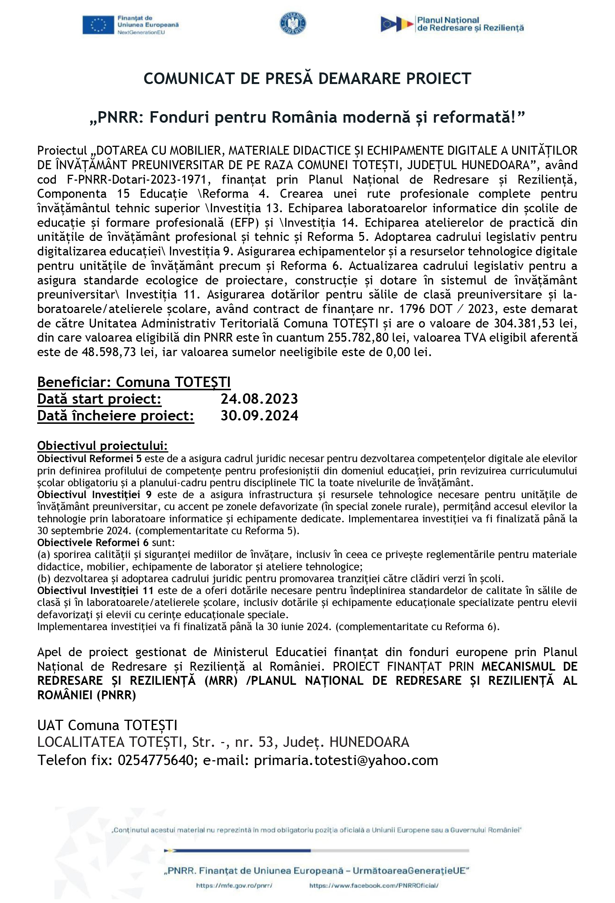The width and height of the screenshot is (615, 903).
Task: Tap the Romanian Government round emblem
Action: pyautogui.click(x=293, y=23)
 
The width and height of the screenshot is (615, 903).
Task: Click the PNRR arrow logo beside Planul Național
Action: pyautogui.click(x=396, y=24)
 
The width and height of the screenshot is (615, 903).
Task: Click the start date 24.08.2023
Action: pyautogui.click(x=259, y=399)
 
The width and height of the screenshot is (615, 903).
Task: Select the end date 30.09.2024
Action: pyautogui.click(x=259, y=415)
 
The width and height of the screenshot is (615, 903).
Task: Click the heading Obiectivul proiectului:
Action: pyautogui.click(x=103, y=445)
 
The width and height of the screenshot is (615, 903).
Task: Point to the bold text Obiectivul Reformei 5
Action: pyautogui.click(x=89, y=458)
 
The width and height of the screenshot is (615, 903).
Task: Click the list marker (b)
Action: pyautogui.click(x=44, y=578)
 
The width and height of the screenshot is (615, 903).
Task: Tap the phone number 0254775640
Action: pyautogui.click(x=155, y=760)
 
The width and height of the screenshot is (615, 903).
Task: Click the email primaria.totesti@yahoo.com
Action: pyautogui.click(x=346, y=760)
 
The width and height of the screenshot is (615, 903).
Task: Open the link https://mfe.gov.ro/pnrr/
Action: pyautogui.click(x=234, y=886)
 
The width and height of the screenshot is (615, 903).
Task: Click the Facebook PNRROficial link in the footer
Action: pyautogui.click(x=374, y=886)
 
